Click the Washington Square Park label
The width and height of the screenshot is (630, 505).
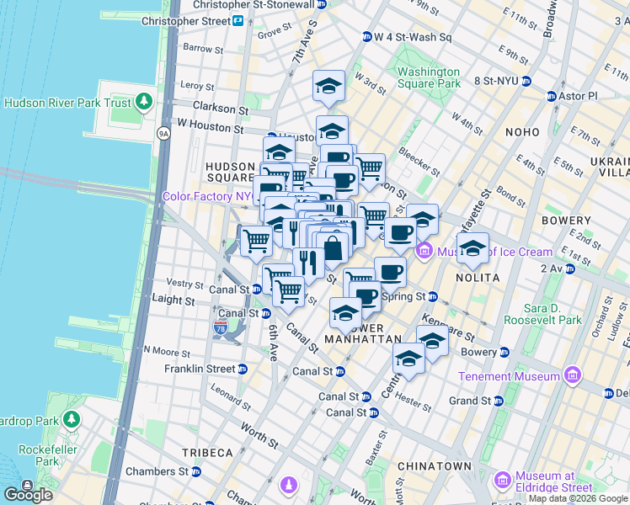(429, 77)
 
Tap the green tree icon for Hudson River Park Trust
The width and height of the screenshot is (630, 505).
(144, 103)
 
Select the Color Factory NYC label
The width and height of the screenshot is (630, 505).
(207, 196)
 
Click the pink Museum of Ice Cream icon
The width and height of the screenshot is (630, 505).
(424, 252)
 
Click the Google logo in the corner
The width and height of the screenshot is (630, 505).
(28, 494)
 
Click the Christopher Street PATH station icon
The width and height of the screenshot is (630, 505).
(238, 20)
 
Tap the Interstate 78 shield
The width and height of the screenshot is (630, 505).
(222, 327)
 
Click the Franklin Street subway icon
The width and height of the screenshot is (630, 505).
(243, 369)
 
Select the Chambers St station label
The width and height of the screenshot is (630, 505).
(158, 471)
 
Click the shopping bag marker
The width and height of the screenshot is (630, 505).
(334, 248)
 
